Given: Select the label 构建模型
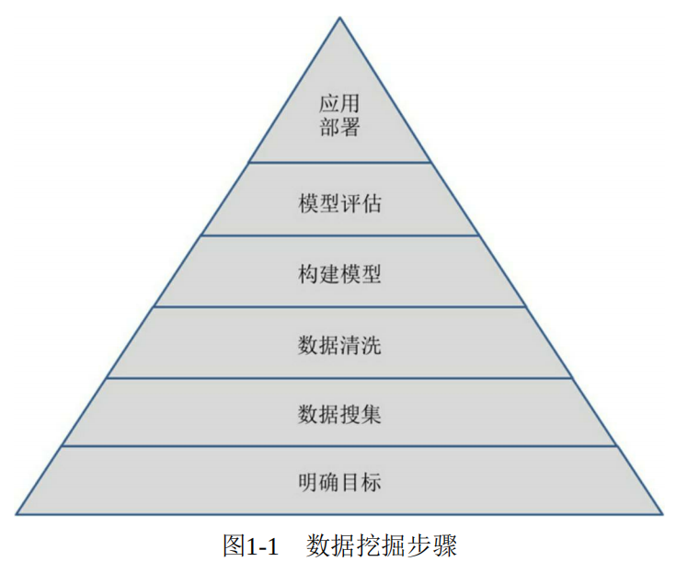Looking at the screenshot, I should tap(339, 274).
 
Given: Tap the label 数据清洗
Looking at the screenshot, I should tap(339, 345).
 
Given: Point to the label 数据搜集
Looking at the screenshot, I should tap(339, 414).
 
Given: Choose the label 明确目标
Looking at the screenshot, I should tap(339, 482).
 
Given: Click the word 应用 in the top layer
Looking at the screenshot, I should tap(339, 101).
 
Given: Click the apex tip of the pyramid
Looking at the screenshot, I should tap(339, 17).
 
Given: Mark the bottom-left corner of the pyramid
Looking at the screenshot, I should tap(17, 513).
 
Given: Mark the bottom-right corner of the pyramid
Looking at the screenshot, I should tap(662, 513).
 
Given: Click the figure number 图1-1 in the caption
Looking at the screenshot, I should tap(250, 545).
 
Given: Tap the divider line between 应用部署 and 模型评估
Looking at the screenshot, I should tap(339, 163).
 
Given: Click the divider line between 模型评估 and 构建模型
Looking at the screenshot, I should tap(339, 235).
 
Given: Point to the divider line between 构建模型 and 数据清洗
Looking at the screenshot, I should tap(339, 307).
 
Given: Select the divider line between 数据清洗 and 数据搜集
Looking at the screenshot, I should tap(339, 377).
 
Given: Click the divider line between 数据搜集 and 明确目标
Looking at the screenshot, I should tap(339, 446).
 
